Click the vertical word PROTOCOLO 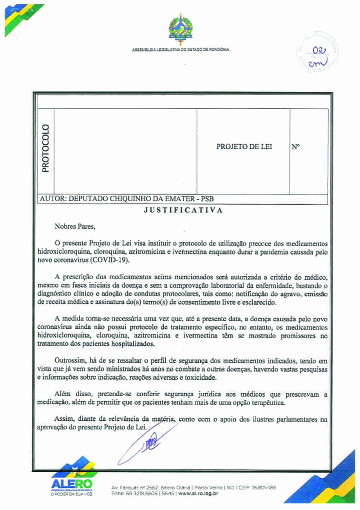click(x=46, y=148)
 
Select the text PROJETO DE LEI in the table click(x=244, y=147)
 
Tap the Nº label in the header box click(x=295, y=147)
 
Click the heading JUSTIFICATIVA click(x=183, y=210)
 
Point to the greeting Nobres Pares click(x=75, y=226)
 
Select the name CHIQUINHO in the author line click(x=130, y=199)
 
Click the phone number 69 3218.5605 click(x=137, y=493)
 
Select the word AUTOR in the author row click(x=52, y=199)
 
